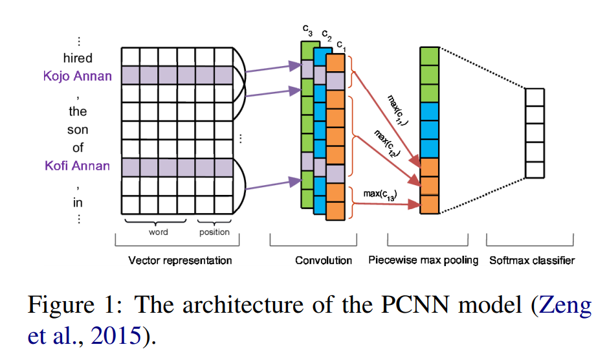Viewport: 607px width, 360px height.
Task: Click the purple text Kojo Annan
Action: pos(77,76)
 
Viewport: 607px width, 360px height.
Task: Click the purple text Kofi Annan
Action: pos(77,166)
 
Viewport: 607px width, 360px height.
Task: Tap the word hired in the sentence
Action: pos(78,58)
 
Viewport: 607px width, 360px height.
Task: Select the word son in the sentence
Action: pos(78,129)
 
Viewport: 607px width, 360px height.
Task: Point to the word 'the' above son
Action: pos(78,111)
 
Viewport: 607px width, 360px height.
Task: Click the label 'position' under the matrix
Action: pos(214,232)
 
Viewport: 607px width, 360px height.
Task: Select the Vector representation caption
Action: pos(180,261)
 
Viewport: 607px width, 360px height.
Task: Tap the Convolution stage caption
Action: pos(324,261)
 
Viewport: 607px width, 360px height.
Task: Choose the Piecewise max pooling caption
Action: pos(423,261)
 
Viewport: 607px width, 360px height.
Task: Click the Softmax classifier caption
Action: pos(532,261)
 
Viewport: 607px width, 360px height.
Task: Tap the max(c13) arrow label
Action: pos(380,194)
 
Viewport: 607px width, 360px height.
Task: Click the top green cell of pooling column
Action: pos(429,56)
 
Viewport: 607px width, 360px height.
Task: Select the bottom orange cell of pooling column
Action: pos(429,204)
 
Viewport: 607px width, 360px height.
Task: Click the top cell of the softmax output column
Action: pos(535,97)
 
